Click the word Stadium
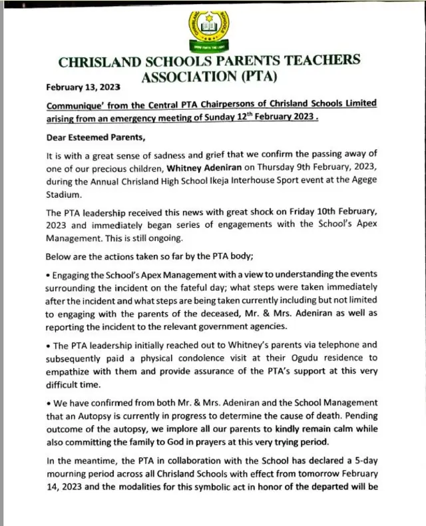(65, 195)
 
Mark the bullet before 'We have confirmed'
(47, 403)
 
